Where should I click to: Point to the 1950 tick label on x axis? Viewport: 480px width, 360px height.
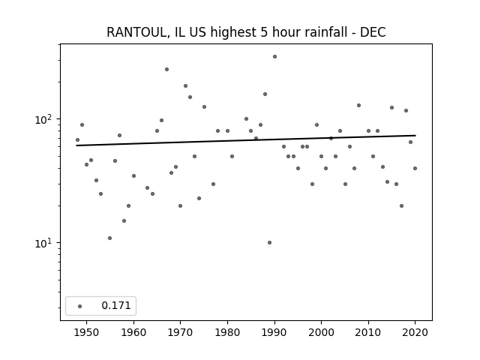point(87,332)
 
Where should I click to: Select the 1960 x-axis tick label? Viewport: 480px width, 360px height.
point(133,332)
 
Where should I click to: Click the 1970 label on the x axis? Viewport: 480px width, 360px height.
point(180,332)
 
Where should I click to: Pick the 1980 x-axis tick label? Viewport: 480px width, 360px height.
point(227,332)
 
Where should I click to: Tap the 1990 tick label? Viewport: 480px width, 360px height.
point(274,332)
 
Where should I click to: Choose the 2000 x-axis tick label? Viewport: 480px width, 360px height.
point(321,332)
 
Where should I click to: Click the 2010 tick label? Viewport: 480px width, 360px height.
point(368,332)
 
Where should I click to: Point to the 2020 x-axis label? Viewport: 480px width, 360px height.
point(415,332)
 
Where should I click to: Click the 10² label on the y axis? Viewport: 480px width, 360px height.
point(45,119)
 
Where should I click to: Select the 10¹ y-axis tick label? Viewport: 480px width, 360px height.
point(45,243)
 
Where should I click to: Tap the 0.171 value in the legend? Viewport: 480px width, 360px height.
point(116,305)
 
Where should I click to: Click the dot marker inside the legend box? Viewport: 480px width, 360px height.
point(80,306)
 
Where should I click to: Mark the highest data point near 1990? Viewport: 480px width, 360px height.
point(275,57)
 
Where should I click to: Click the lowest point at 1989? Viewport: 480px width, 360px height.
point(270,243)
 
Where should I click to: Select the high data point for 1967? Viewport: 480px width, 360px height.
point(166,70)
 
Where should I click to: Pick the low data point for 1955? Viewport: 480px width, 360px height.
point(110,238)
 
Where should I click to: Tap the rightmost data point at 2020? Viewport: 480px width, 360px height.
point(415,168)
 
